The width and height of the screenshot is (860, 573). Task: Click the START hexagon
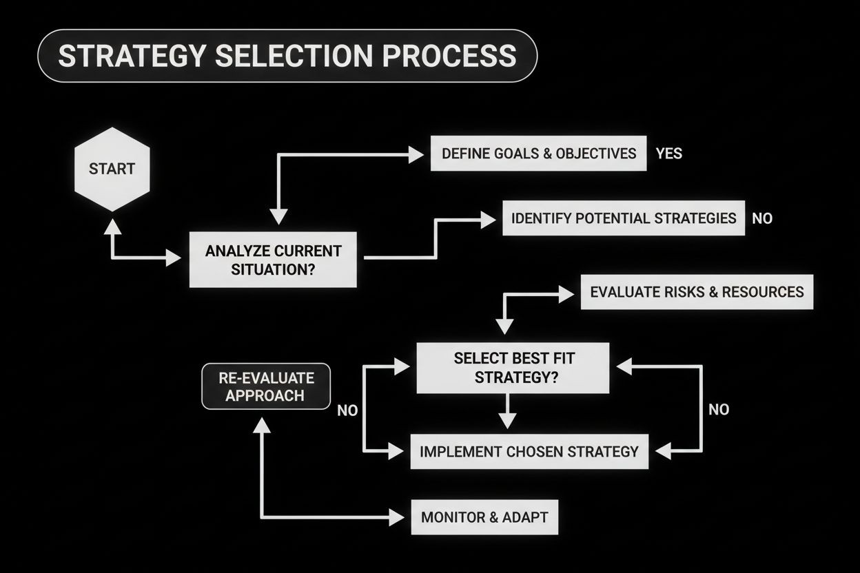(112, 169)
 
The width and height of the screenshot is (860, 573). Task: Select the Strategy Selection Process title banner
(286, 56)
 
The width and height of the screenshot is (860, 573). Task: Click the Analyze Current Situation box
(273, 260)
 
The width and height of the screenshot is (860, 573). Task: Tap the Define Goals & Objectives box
(538, 153)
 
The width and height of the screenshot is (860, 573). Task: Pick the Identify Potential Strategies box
(623, 218)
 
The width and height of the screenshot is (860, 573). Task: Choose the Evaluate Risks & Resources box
(696, 292)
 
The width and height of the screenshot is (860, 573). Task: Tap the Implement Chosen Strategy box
(529, 452)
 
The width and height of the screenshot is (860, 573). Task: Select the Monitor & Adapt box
(484, 517)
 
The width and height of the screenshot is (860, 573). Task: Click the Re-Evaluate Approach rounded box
(265, 386)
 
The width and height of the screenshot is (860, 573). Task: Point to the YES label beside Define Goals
(668, 154)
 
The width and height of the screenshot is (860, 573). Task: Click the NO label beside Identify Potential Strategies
(762, 219)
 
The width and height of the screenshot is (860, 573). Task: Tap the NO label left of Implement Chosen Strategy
(347, 410)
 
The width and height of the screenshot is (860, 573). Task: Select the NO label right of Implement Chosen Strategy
(718, 410)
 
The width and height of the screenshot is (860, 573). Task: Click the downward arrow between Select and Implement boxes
(507, 417)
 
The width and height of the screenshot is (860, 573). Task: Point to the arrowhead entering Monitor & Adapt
(398, 517)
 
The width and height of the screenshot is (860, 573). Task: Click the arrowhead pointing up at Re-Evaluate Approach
(262, 424)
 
